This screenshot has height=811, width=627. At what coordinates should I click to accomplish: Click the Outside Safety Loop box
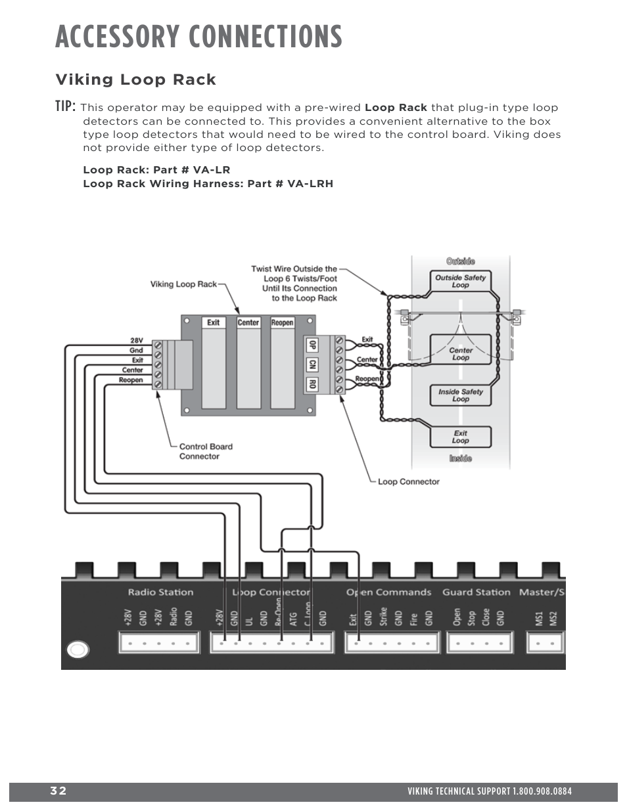(x=460, y=281)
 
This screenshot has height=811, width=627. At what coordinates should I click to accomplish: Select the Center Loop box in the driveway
(x=461, y=353)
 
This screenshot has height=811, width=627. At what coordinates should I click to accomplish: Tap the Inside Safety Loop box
(x=461, y=395)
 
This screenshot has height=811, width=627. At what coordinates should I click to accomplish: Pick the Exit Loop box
(x=461, y=437)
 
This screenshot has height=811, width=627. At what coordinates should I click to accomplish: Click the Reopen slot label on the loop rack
(x=283, y=322)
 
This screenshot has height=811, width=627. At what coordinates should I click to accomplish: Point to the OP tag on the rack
(x=312, y=345)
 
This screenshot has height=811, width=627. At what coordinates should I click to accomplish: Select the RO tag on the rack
(x=312, y=384)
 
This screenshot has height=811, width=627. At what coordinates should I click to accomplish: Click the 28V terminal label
(x=136, y=341)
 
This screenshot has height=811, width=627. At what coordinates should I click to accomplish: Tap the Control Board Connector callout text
(x=206, y=451)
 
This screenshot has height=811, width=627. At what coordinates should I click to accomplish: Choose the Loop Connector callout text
(x=408, y=481)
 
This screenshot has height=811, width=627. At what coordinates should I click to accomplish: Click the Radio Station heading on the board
(x=160, y=592)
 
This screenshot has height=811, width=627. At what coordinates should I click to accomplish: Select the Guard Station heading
(x=476, y=592)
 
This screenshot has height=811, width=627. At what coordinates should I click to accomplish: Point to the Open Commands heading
(x=388, y=592)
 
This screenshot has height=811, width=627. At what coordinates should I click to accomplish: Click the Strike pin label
(x=383, y=617)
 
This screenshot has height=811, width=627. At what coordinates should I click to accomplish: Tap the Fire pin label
(x=414, y=619)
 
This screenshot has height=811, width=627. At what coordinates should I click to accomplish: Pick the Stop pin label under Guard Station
(x=471, y=618)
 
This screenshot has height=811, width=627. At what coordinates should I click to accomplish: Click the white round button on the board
(x=78, y=649)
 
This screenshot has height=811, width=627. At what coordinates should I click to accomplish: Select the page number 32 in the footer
(x=58, y=791)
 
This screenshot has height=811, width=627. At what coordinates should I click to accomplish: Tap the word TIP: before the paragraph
(x=66, y=106)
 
